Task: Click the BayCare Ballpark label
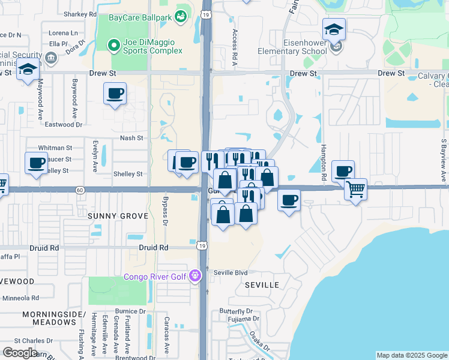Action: [139, 17]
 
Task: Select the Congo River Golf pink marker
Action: [194, 276]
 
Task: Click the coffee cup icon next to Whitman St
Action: [36, 163]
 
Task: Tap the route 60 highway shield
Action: [80, 190]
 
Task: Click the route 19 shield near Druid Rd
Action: [203, 245]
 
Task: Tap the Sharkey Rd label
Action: [80, 14]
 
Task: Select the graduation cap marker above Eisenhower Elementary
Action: [334, 29]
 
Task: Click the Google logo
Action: [20, 353]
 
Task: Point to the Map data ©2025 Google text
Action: [411, 355]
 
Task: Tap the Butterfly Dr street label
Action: [235, 311]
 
